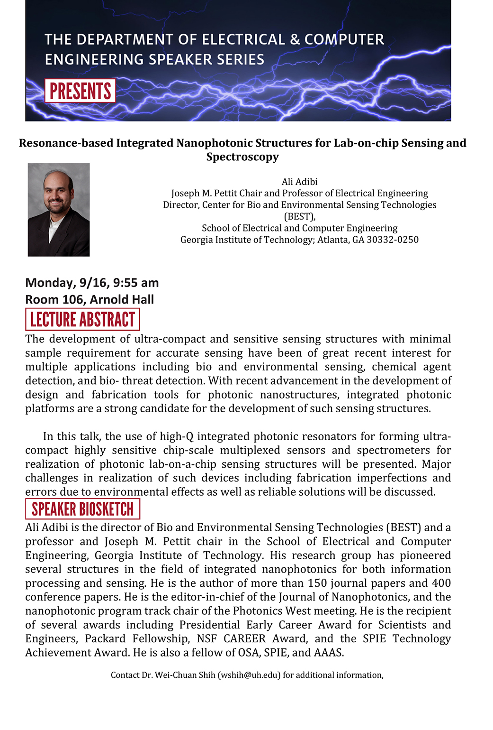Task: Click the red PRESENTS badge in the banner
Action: [80, 91]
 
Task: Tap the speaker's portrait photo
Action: [59, 210]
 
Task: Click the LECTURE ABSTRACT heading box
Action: [82, 320]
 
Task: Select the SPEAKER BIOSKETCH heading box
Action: [82, 509]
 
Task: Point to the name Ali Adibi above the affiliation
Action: [299, 182]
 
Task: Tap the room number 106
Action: [73, 300]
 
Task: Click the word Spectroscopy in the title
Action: [242, 157]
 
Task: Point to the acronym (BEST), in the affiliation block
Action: [300, 216]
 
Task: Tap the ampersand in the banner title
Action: [295, 39]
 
